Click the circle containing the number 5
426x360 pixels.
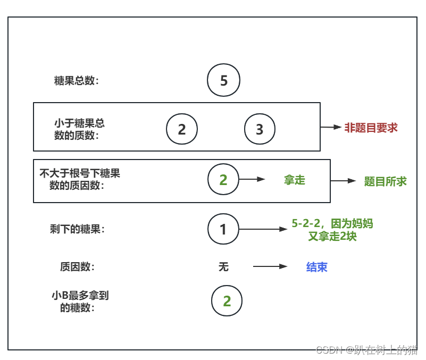click(x=224, y=80)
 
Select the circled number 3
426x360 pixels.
click(x=260, y=129)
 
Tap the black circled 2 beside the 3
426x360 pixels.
click(x=182, y=129)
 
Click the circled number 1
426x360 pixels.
click(x=223, y=229)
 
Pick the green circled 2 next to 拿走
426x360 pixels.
click(x=223, y=180)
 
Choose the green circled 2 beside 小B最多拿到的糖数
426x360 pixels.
click(x=227, y=301)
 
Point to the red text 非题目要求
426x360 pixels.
click(x=371, y=128)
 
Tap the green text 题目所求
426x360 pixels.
click(x=385, y=181)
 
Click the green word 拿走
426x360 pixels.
click(x=295, y=180)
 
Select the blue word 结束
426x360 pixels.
click(x=317, y=267)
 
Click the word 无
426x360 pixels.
click(x=223, y=266)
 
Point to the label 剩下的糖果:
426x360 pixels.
click(x=77, y=229)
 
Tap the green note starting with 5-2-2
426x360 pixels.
click(x=332, y=230)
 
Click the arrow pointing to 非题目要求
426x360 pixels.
click(x=330, y=128)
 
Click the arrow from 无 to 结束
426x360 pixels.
click(x=270, y=267)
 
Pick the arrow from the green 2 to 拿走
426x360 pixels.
click(x=252, y=180)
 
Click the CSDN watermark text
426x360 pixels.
click(x=366, y=350)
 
